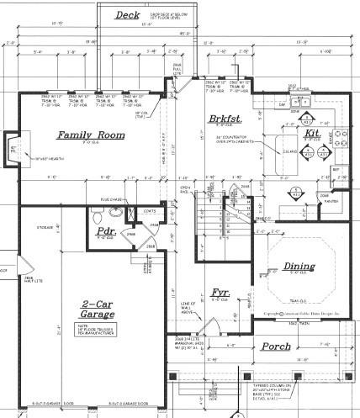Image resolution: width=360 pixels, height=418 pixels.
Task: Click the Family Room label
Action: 90,135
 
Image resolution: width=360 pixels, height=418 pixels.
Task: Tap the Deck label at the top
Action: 127,15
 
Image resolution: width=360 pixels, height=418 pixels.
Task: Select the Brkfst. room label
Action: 223,119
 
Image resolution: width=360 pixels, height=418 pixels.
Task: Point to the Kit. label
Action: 311,133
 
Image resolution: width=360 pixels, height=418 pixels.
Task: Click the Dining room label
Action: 299,267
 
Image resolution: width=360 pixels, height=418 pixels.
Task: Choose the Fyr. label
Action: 220,293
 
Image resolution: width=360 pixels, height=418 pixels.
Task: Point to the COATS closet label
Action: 151,211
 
